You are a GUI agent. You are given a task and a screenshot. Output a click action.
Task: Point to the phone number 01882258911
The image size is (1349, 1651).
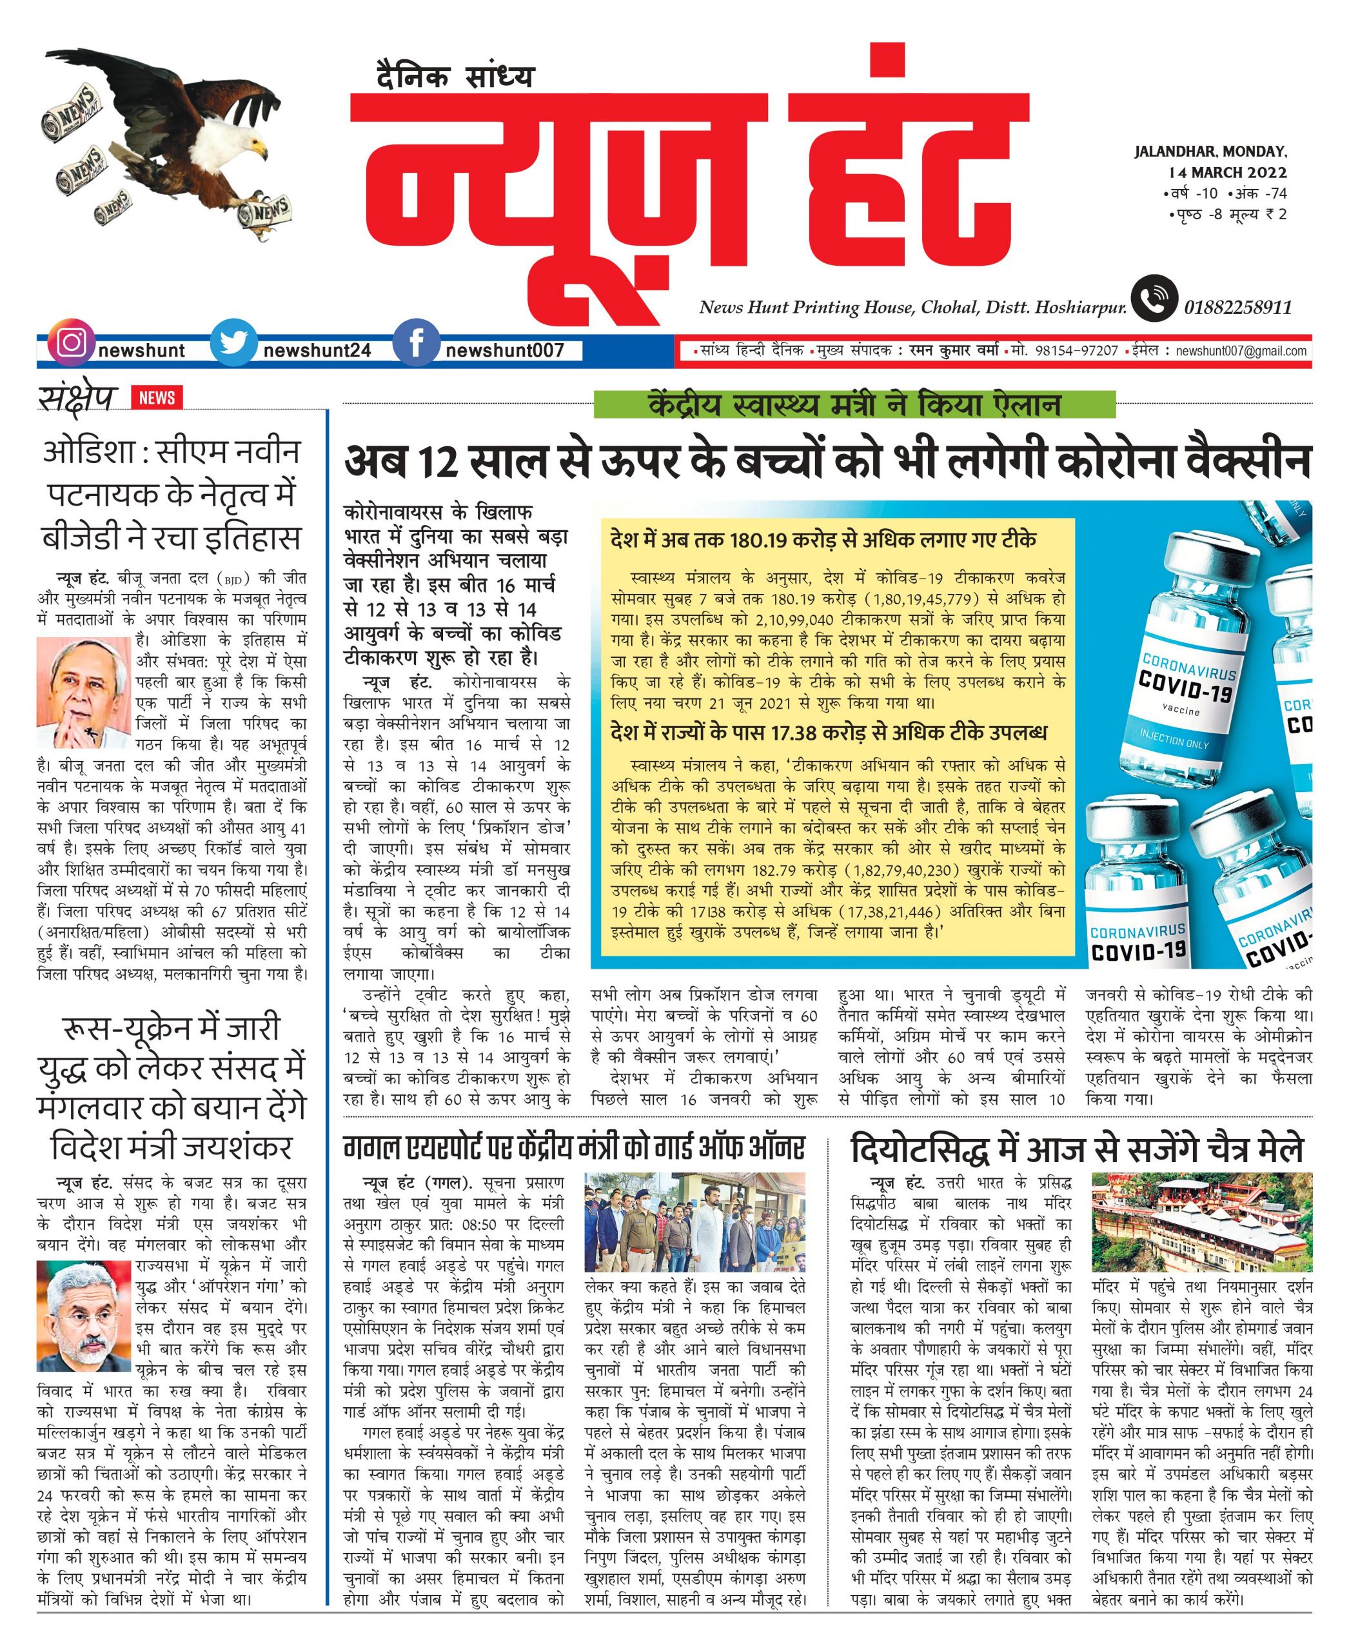click(x=1238, y=308)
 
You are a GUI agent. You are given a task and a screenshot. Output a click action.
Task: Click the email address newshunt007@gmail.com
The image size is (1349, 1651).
click(x=1241, y=351)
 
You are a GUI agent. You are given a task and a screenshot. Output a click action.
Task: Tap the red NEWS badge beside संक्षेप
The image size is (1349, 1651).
click(x=157, y=398)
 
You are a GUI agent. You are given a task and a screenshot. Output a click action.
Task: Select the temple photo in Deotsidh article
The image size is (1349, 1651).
click(x=1201, y=1223)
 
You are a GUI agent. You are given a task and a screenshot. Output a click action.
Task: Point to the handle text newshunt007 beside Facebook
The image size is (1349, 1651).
click(x=504, y=351)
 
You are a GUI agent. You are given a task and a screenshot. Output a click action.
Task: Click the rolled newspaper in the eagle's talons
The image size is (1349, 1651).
click(x=264, y=212)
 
